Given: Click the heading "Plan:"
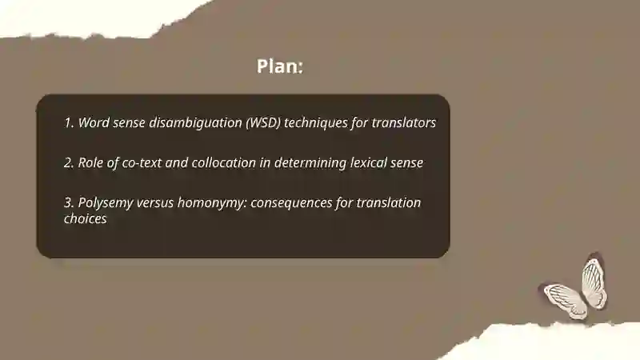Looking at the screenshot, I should click(280, 66).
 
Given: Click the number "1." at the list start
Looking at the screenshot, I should click(69, 123).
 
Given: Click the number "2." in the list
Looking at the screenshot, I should click(69, 162).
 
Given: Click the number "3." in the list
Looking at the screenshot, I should click(69, 202).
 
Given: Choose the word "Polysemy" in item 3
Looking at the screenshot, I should click(107, 203).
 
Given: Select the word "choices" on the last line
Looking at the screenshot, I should click(85, 218).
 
